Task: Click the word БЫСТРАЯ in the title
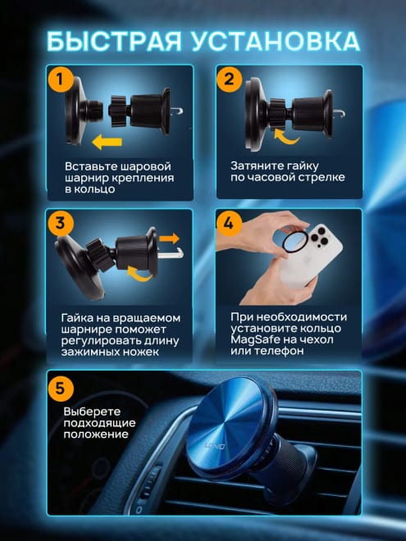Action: pyautogui.click(x=114, y=42)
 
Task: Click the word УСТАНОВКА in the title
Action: pyautogui.click(x=276, y=42)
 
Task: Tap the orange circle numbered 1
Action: pyautogui.click(x=62, y=79)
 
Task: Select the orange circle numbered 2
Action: pyautogui.click(x=230, y=79)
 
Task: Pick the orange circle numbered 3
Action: pyautogui.click(x=61, y=223)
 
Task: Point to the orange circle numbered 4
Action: pyautogui.click(x=229, y=223)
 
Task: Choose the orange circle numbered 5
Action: pyautogui.click(x=61, y=389)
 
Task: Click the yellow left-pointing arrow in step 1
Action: pyautogui.click(x=107, y=142)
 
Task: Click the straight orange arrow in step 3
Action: pyautogui.click(x=169, y=239)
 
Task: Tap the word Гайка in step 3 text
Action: pyautogui.click(x=76, y=318)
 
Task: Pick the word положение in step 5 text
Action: pyautogui.click(x=96, y=434)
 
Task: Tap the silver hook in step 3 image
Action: pyautogui.click(x=171, y=253)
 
